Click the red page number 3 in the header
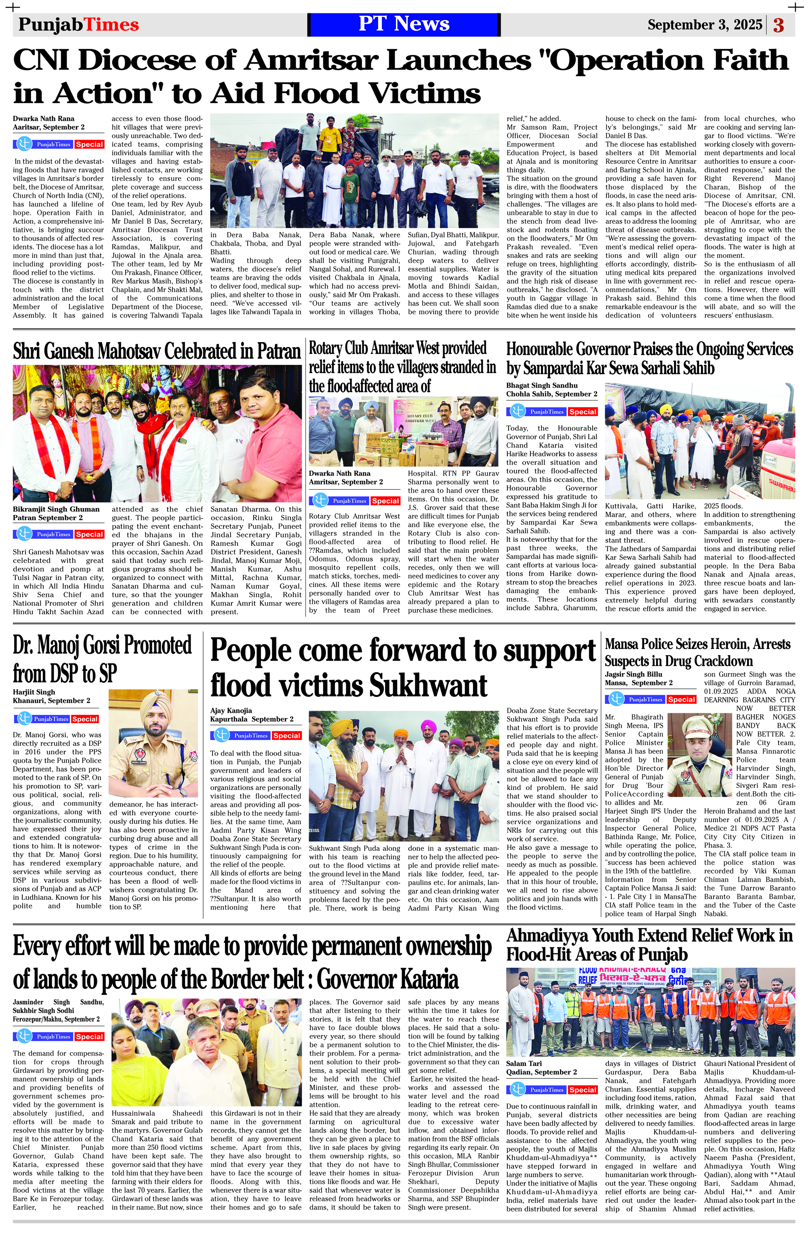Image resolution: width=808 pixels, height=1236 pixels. click(779, 25)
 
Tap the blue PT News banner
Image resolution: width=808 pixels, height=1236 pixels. click(404, 24)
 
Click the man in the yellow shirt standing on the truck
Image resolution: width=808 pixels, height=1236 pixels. click(328, 135)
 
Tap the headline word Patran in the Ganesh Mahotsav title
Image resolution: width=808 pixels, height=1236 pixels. click(278, 352)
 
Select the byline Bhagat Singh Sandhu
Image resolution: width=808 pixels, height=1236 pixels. click(542, 385)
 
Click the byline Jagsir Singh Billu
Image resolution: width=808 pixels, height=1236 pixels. click(633, 674)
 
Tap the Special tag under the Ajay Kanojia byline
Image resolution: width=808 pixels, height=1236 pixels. click(287, 735)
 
